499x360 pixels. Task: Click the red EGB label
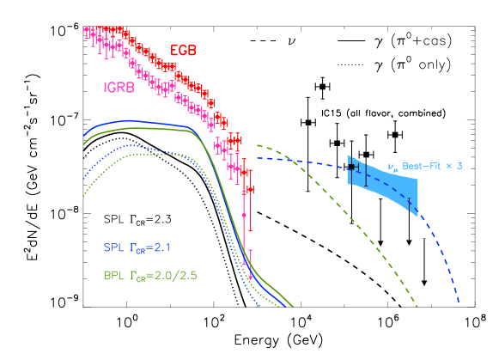(183, 51)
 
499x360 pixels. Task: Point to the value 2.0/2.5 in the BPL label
(172, 277)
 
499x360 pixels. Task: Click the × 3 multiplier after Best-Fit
(456, 165)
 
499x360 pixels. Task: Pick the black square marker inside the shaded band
(350, 168)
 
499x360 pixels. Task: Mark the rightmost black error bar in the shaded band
(410, 203)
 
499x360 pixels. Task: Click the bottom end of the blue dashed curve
(459, 302)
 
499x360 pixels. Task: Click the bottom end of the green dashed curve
(417, 305)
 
